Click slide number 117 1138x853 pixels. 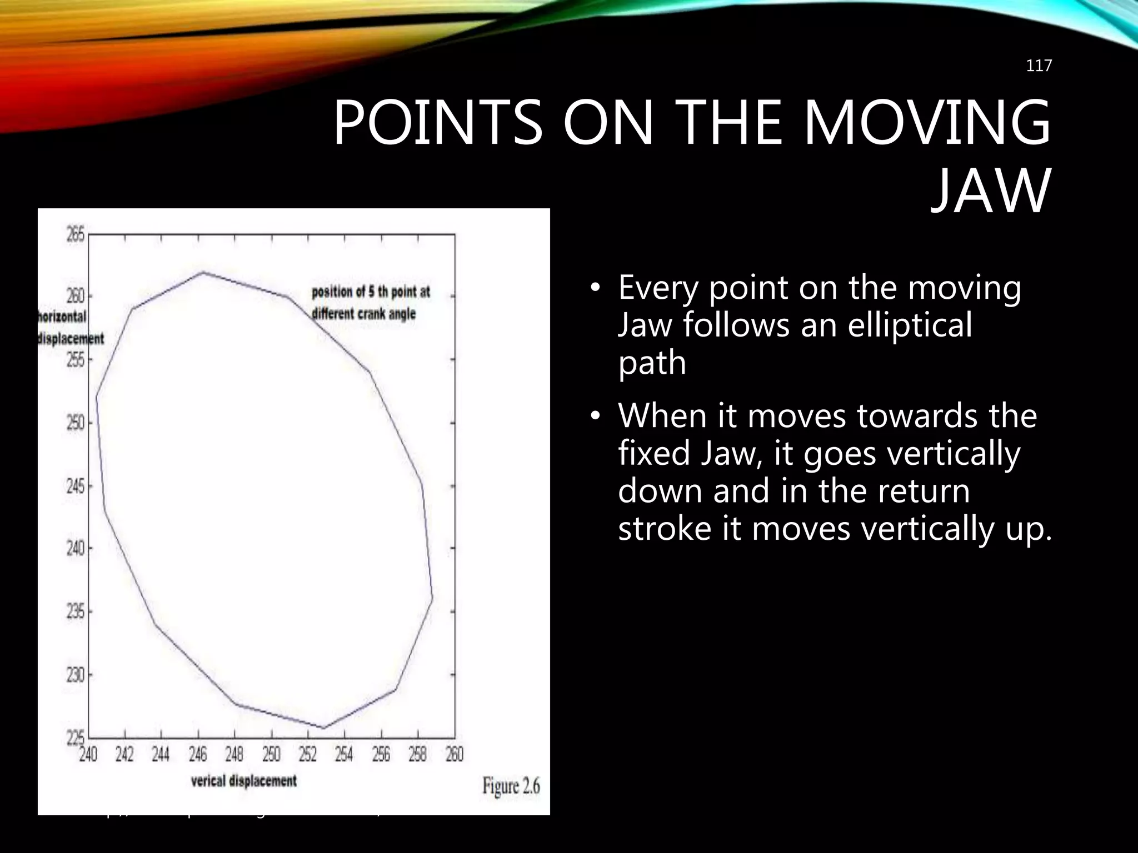coord(1039,66)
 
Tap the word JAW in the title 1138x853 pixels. coord(991,192)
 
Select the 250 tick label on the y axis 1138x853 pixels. coord(76,423)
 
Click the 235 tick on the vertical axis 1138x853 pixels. coord(76,612)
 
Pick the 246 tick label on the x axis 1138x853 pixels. coord(198,755)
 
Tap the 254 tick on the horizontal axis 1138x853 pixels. coord(344,755)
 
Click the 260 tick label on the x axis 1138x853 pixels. coord(454,755)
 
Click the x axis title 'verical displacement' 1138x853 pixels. coord(243,781)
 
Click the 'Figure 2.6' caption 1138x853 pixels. coord(511,786)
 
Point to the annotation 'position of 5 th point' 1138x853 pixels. coord(371,292)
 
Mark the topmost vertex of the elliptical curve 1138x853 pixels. coord(203,272)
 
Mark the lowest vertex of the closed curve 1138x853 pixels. coord(323,727)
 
